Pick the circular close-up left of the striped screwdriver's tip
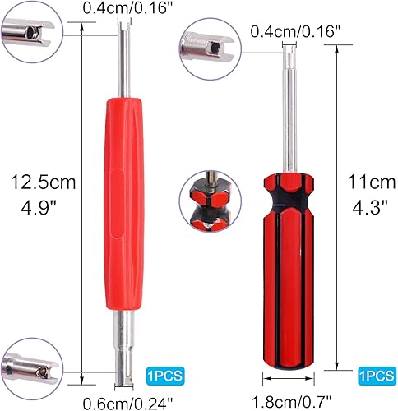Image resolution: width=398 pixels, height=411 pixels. tap(212, 52)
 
